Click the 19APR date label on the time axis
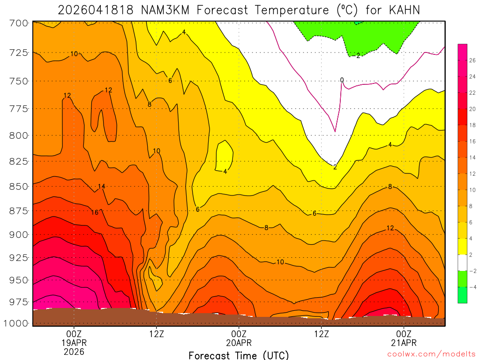pyautogui.click(x=74, y=343)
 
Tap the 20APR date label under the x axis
pyautogui.click(x=239, y=343)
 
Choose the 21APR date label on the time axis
pyautogui.click(x=404, y=343)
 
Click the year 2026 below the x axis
pyautogui.click(x=74, y=351)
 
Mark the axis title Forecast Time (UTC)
pyautogui.click(x=239, y=355)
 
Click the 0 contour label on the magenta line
pyautogui.click(x=342, y=80)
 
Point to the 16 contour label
pyautogui.click(x=95, y=212)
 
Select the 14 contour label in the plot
pyautogui.click(x=101, y=187)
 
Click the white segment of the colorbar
pyautogui.click(x=462, y=262)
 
